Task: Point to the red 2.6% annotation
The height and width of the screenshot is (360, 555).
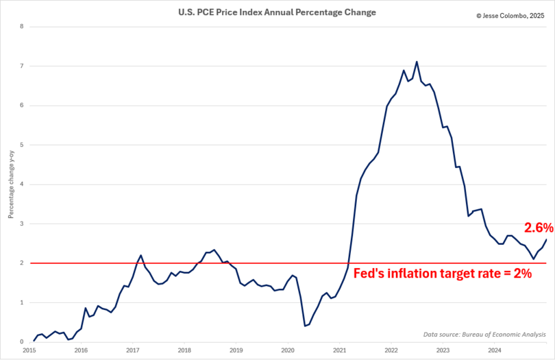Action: pos(538,228)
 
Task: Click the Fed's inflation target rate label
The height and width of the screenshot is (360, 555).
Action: pos(443,273)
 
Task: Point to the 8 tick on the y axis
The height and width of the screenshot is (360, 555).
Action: pos(22,27)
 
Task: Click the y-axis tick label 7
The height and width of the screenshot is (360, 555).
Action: pos(22,67)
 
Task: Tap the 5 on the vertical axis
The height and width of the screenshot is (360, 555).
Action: pos(22,145)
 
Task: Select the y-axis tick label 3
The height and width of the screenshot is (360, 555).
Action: pos(22,224)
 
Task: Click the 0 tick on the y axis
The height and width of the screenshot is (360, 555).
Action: pos(22,342)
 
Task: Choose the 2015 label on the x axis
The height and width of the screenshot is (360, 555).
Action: pos(29,350)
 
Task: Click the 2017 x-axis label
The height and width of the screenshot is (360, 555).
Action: pos(132,350)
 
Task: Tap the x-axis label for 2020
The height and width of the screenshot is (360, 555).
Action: pos(287,350)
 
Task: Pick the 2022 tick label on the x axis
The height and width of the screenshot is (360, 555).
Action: pos(391,350)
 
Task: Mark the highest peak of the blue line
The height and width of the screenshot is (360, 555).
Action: pos(417,62)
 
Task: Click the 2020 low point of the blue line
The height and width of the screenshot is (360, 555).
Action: pos(305,326)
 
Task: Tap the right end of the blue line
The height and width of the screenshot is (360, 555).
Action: pos(546,239)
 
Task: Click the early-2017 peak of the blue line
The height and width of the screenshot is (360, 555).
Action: pos(140,255)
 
